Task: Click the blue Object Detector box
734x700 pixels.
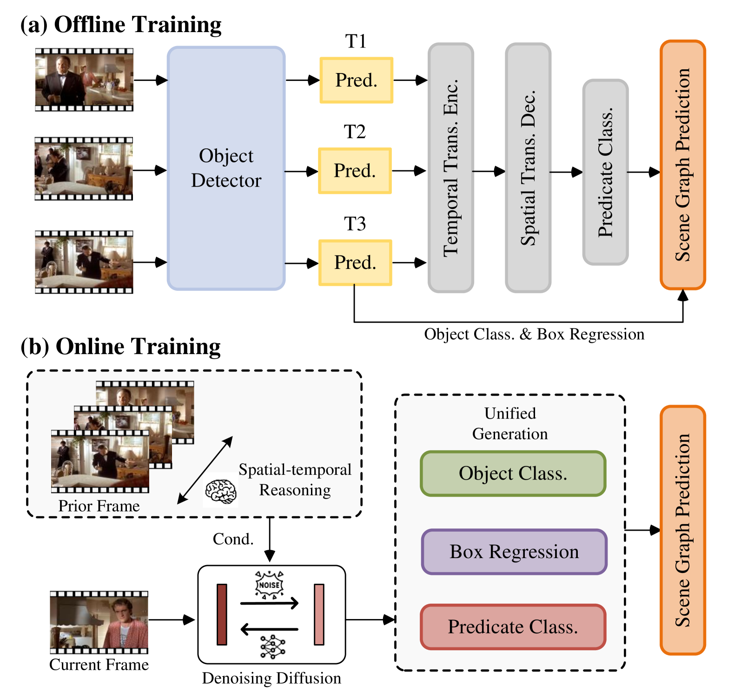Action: [226, 168]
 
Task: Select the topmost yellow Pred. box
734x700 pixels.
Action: [356, 80]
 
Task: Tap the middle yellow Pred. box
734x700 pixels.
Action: [355, 171]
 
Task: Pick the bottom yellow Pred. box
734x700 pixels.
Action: [355, 262]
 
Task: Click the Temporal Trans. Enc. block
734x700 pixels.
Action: [450, 168]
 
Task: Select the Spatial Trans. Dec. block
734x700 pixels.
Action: [528, 168]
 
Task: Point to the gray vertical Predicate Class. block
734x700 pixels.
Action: [605, 172]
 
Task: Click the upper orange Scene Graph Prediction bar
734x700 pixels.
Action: [682, 165]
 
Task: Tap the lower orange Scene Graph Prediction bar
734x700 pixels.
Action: [682, 530]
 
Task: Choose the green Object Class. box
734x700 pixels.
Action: [513, 473]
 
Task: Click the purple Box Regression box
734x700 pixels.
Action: [514, 552]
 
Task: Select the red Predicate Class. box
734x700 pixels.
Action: [513, 627]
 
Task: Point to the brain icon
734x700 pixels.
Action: [221, 491]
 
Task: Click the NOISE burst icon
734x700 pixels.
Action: [269, 585]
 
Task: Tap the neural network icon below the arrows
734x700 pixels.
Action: [272, 647]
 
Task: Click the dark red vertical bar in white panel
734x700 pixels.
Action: [222, 614]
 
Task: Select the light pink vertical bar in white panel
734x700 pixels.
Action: [319, 614]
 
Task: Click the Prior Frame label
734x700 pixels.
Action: [99, 506]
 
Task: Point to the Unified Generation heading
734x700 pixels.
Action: [510, 423]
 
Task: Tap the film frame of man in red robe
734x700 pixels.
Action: [99, 622]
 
